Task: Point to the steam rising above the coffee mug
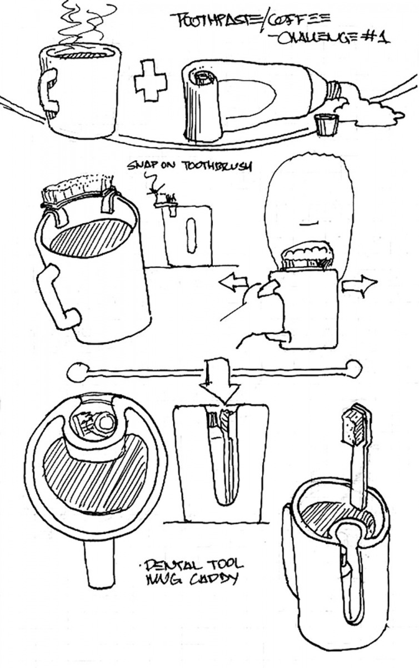pos(89,25)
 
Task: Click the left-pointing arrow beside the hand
pos(233,283)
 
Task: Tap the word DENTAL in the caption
pos(166,567)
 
